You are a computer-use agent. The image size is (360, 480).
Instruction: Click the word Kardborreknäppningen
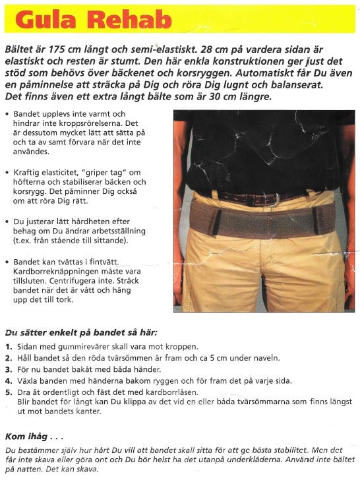(x=55, y=270)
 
